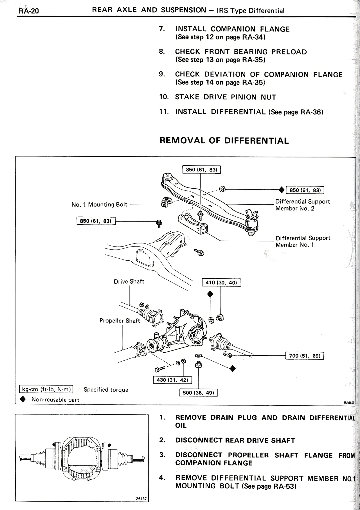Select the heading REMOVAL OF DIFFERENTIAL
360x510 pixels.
tap(224, 141)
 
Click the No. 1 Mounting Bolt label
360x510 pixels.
tap(99, 205)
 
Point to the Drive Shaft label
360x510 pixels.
tap(129, 282)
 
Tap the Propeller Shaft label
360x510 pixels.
tap(120, 321)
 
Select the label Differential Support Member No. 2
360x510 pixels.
tap(302, 205)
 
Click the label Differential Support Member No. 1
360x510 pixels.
tap(303, 241)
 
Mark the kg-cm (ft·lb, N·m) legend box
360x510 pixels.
tap(46, 389)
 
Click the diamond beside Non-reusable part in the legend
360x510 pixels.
tap(23, 400)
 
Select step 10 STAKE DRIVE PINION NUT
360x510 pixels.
tap(226, 97)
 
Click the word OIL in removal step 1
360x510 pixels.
tap(181, 425)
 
